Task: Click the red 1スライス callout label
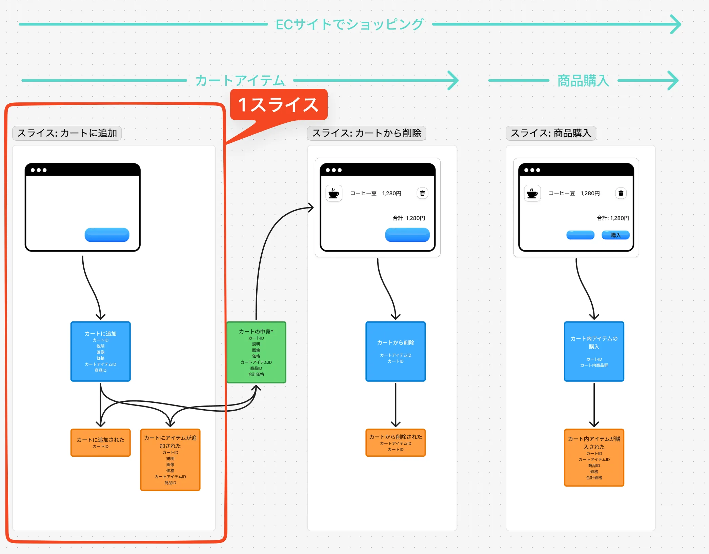click(279, 104)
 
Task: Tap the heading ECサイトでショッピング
click(349, 24)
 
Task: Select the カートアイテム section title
click(240, 81)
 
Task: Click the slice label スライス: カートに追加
click(67, 133)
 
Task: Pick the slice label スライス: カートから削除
click(366, 133)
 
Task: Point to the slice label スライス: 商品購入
click(551, 133)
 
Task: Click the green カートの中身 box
click(256, 352)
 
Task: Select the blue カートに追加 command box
click(101, 352)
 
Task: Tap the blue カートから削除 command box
click(396, 352)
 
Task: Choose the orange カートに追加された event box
click(101, 443)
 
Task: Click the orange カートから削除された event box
click(396, 443)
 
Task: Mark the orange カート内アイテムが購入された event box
click(594, 458)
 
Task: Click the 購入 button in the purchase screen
click(615, 235)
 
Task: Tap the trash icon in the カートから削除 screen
click(422, 193)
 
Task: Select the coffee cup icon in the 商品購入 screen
click(532, 193)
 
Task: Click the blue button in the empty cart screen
click(107, 235)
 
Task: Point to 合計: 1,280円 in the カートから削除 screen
click(409, 218)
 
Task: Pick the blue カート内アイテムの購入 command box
click(594, 352)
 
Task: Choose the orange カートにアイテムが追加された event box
click(170, 460)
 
